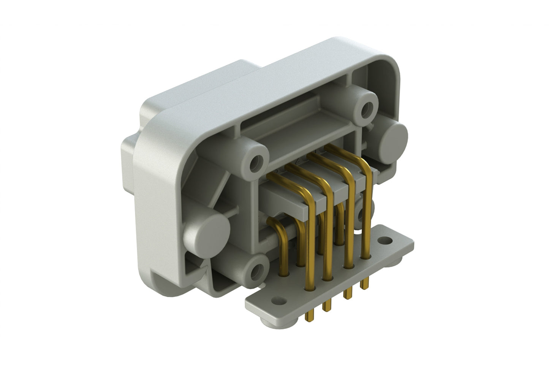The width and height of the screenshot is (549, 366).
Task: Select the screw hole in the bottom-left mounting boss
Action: pyautogui.click(x=258, y=271)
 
